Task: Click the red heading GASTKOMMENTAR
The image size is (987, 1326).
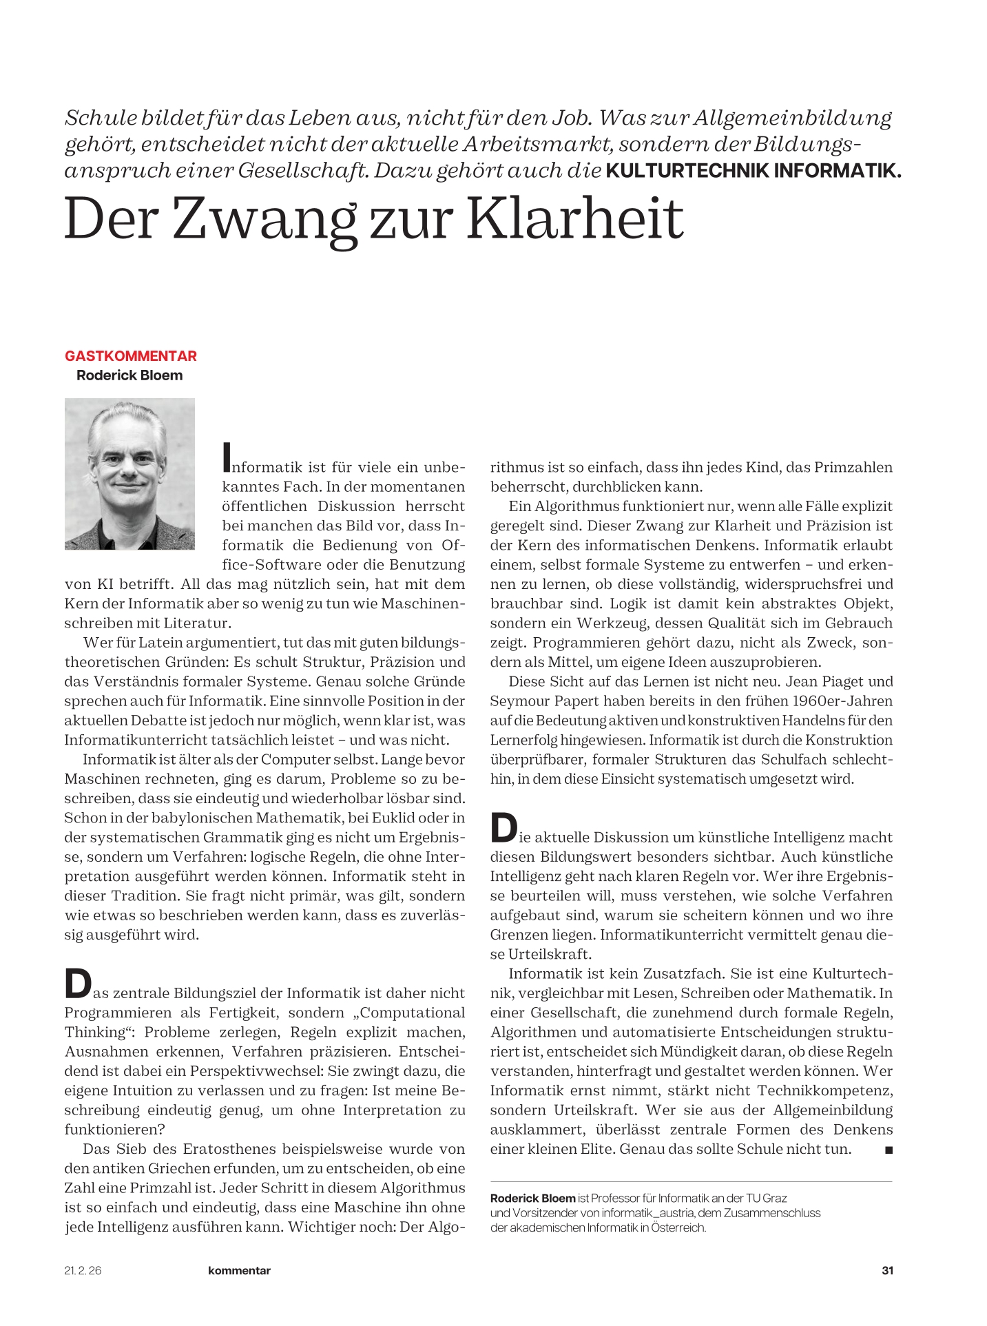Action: coord(131,356)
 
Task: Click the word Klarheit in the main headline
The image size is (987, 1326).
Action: coord(575,219)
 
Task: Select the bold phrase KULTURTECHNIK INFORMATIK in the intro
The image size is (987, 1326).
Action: coord(753,171)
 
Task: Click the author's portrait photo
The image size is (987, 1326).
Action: coord(129,473)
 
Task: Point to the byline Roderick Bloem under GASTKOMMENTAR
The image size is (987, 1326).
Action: coord(129,375)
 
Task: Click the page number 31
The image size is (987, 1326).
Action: coord(887,1270)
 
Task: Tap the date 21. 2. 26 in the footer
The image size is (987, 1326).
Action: coord(83,1270)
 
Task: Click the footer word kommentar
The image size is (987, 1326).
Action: coord(239,1270)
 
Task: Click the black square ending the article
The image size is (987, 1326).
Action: coord(888,1150)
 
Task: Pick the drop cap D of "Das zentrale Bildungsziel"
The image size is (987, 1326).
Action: coord(77,984)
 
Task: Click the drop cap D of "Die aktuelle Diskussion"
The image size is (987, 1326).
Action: coord(503,828)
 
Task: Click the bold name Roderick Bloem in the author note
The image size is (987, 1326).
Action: coord(532,1198)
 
